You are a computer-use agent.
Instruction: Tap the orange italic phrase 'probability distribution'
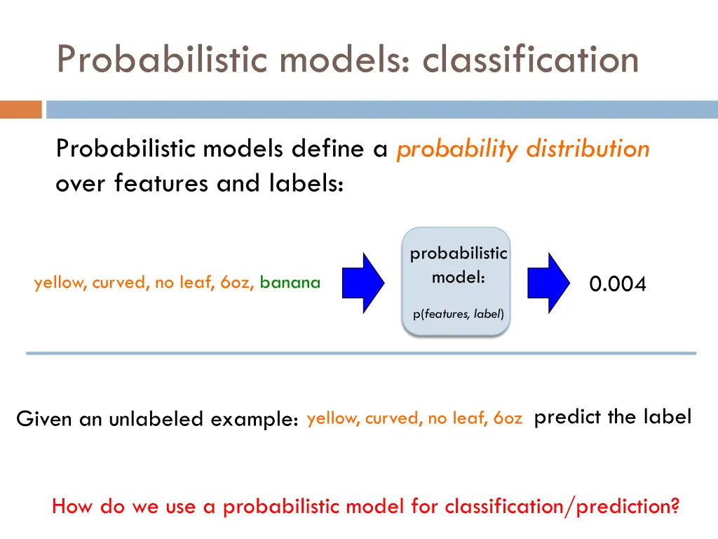[522, 149]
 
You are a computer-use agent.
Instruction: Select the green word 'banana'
[290, 283]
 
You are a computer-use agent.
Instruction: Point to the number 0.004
[617, 284]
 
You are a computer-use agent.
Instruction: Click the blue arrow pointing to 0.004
[549, 282]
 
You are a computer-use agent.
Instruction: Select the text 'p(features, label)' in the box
[458, 314]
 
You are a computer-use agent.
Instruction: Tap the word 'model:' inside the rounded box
[458, 277]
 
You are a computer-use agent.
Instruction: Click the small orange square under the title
[20, 109]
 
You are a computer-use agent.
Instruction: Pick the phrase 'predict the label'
[612, 417]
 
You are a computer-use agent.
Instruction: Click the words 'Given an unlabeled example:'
[158, 419]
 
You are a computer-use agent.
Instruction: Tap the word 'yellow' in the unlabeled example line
[333, 418]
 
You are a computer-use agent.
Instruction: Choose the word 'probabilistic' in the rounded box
[458, 253]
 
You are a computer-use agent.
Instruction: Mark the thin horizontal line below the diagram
[361, 353]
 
